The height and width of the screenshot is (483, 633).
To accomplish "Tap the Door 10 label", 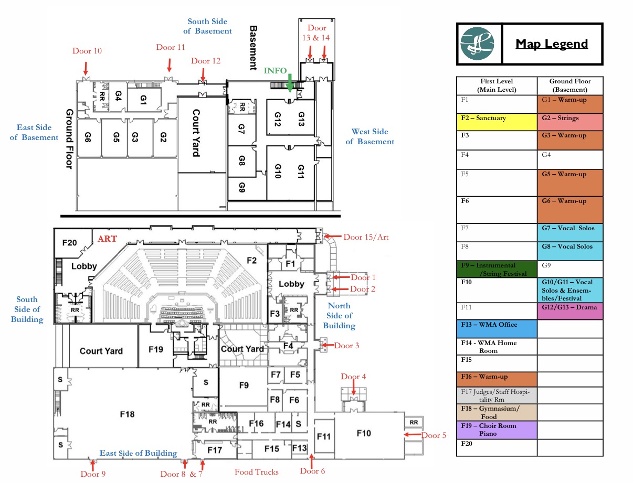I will [x=87, y=51].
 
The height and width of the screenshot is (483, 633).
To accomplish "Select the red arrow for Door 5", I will [x=410, y=435].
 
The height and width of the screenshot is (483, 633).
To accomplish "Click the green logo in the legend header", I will [x=477, y=44].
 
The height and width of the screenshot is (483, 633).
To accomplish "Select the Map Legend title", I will [x=552, y=44].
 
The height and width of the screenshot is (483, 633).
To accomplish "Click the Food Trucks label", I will [x=257, y=472].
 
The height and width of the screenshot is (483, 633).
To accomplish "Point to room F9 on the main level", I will [x=244, y=385].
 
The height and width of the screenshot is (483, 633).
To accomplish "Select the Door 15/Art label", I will [x=366, y=237].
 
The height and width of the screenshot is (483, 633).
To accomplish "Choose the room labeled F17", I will [x=214, y=449].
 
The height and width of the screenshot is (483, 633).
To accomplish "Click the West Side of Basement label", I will [x=370, y=137].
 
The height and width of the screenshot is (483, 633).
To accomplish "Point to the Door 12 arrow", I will [x=203, y=75].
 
